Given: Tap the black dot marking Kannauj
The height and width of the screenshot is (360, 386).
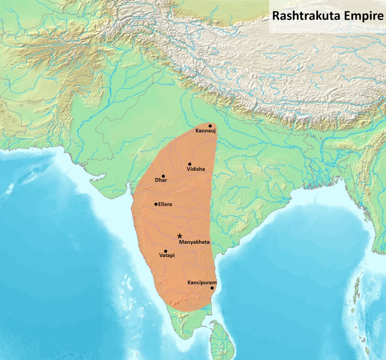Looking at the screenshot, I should click(x=210, y=126).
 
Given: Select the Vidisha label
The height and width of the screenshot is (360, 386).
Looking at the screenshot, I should click(x=196, y=169).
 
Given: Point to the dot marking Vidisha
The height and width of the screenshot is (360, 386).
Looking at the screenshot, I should click(x=190, y=164).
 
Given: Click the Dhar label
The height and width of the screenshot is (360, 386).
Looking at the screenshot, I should click(x=161, y=180).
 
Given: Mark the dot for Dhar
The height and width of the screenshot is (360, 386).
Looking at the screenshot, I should click(x=163, y=176).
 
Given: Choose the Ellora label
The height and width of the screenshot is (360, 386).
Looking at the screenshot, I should click(x=165, y=205).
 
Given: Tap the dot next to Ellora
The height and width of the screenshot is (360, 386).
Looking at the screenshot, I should click(x=156, y=204).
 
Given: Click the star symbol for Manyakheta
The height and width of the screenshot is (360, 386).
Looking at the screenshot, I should click(x=180, y=236).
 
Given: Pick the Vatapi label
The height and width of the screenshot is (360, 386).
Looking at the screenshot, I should click(x=167, y=256).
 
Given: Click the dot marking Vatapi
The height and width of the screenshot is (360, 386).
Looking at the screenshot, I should click(x=166, y=251).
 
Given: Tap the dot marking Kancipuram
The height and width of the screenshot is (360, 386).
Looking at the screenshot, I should click(x=212, y=288).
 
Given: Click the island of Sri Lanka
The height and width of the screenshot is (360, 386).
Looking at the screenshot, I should click(x=221, y=342).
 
